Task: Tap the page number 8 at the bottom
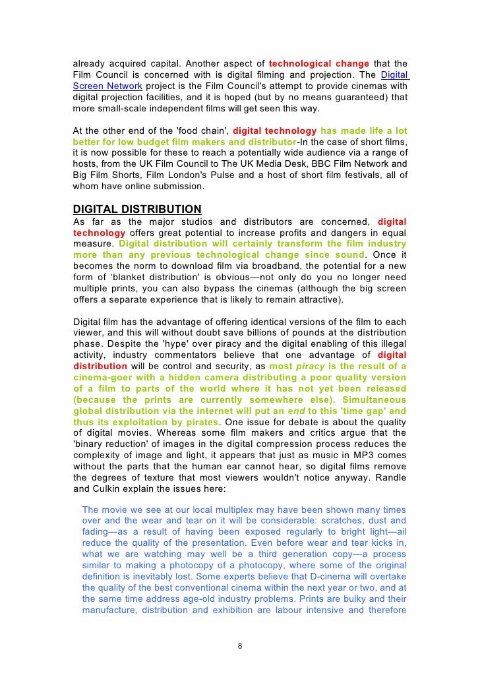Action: point(240,645)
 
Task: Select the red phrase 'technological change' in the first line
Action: point(319,64)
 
